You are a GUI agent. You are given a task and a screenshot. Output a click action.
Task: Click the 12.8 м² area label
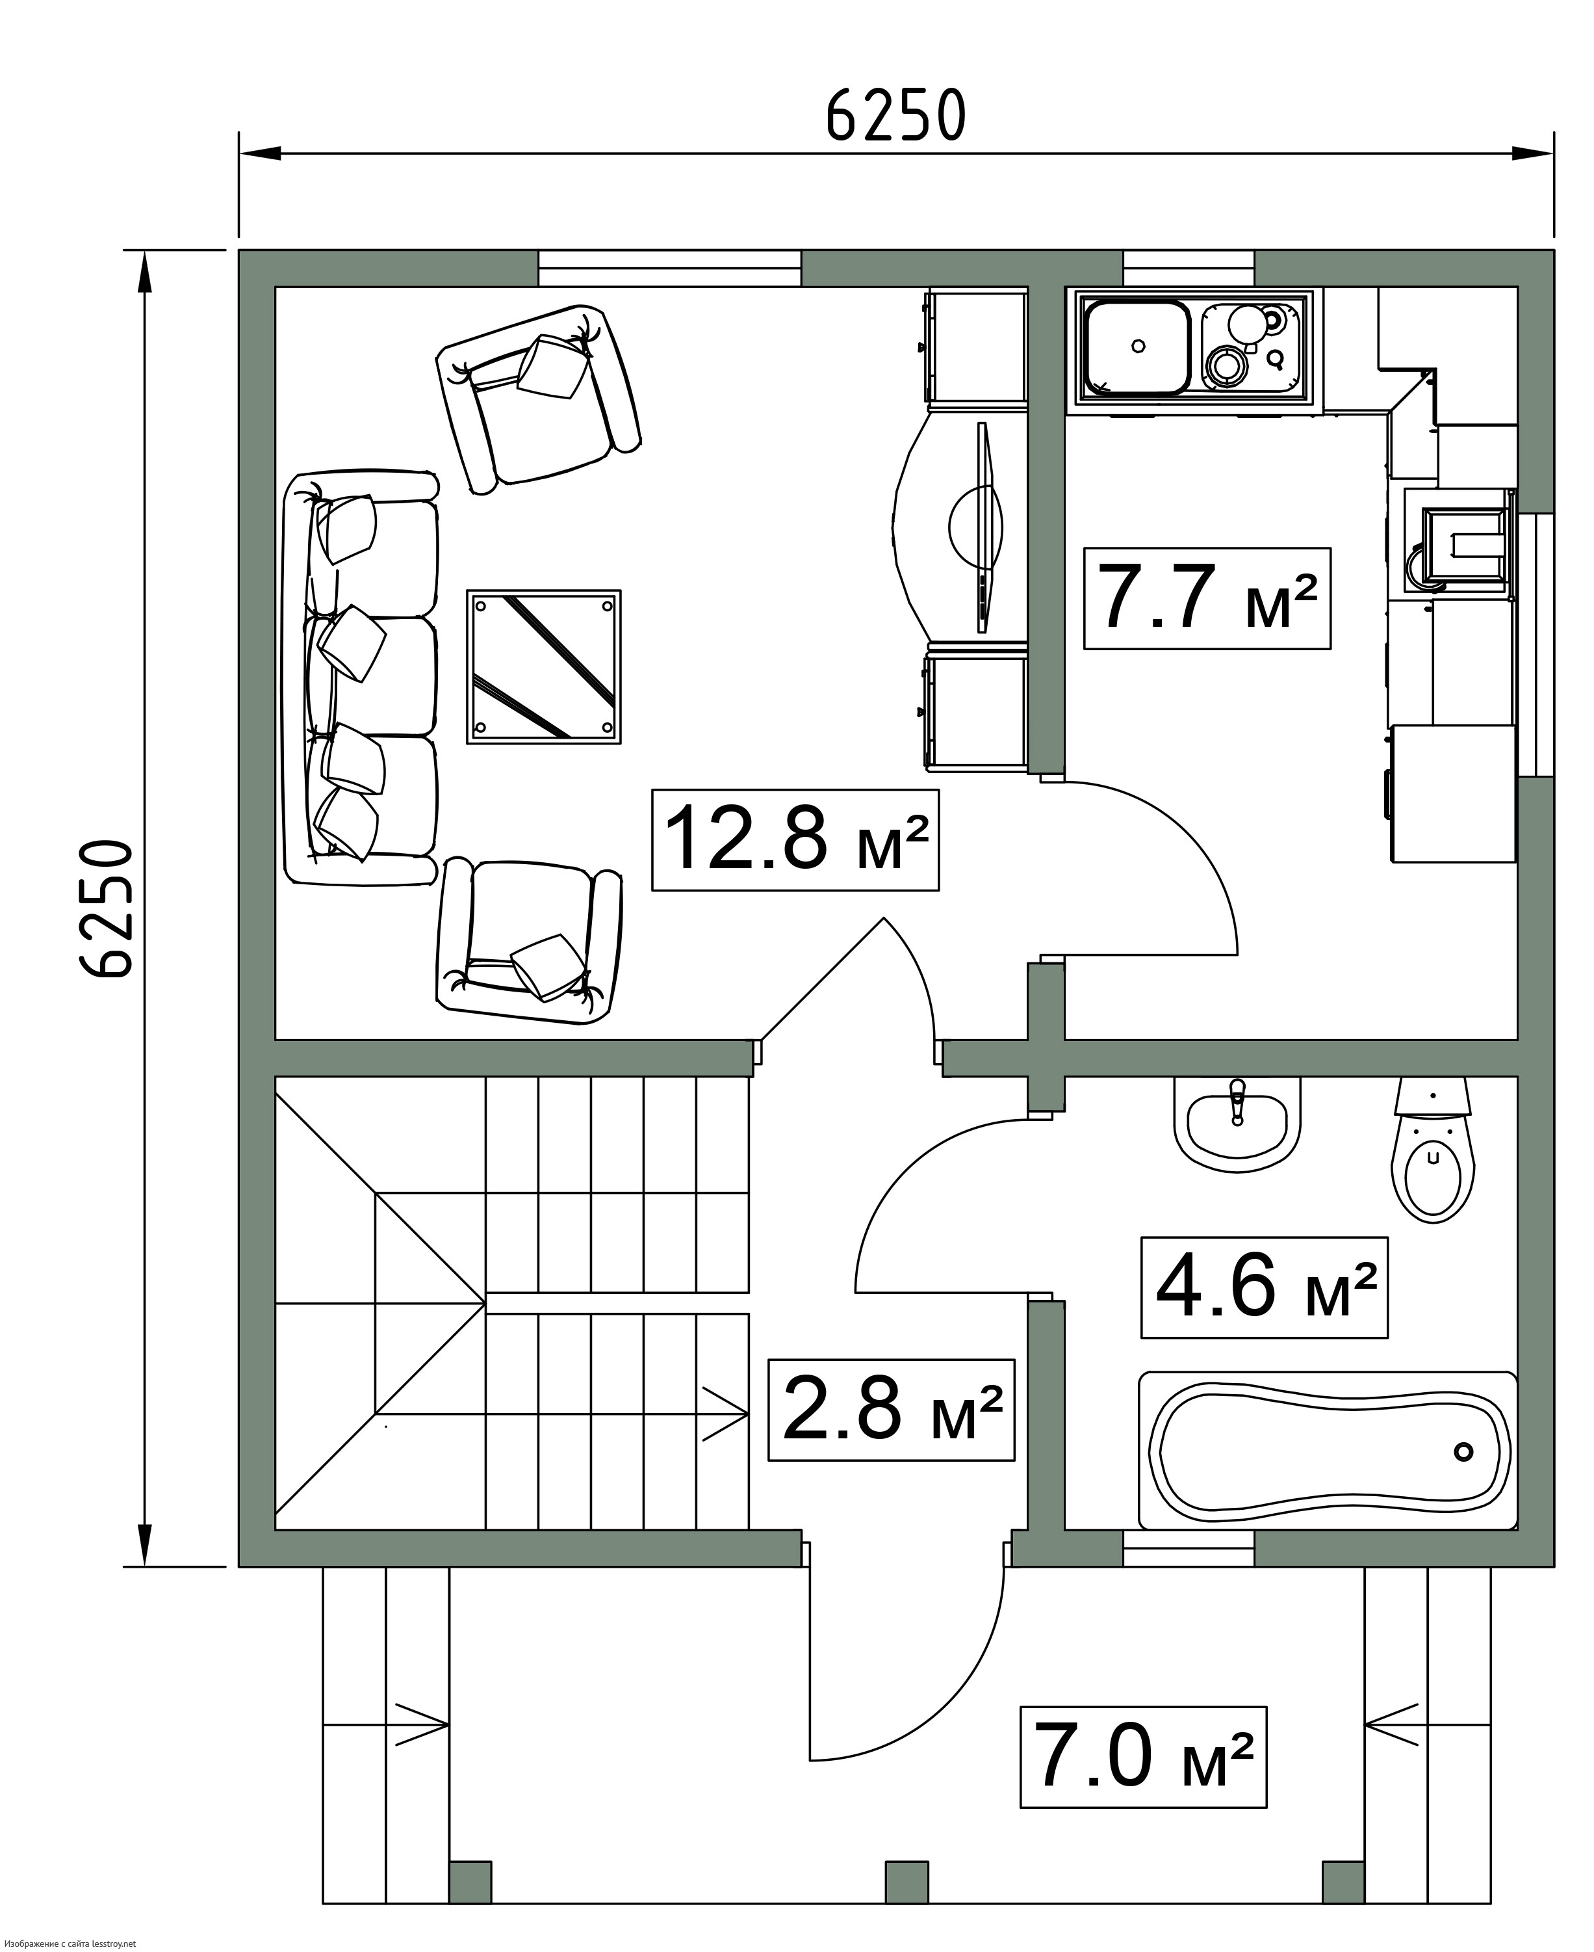click(795, 839)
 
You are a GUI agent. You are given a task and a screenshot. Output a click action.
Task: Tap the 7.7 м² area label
click(1207, 598)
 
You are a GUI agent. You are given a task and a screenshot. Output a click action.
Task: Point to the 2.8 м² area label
click(891, 1410)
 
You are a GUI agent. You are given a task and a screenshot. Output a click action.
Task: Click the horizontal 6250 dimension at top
click(896, 116)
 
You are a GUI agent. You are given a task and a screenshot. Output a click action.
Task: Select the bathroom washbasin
click(1237, 1124)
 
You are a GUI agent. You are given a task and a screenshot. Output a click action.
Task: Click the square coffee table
click(544, 667)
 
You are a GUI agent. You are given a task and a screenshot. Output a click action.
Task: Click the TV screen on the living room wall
click(984, 527)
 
